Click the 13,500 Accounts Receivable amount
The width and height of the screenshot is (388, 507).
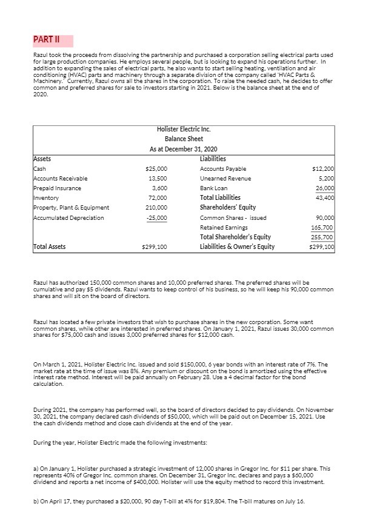(159, 178)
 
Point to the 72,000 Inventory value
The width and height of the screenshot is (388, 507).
(159, 198)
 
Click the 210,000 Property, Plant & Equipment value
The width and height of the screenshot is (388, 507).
(158, 208)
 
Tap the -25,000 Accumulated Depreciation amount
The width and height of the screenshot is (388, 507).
(158, 217)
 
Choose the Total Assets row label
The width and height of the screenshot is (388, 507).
(50, 247)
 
